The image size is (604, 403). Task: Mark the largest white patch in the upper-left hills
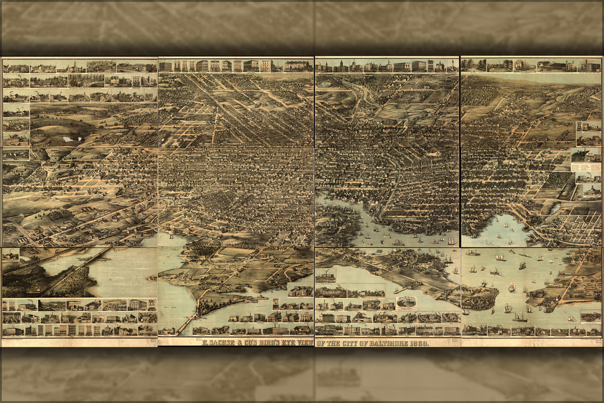72,139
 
